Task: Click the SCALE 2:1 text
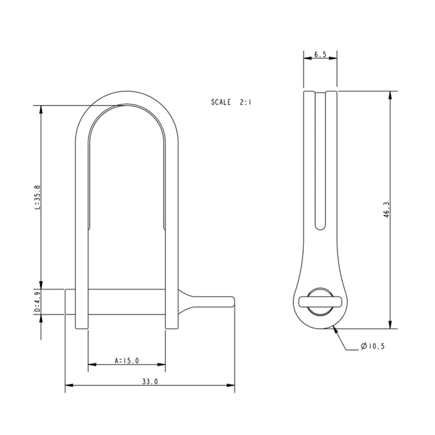pyautogui.click(x=231, y=102)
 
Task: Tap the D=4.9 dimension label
pyautogui.click(x=37, y=302)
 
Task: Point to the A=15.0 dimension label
pyautogui.click(x=126, y=361)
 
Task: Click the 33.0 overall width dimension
pyautogui.click(x=149, y=382)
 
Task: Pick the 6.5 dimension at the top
pyautogui.click(x=320, y=54)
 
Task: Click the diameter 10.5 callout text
pyautogui.click(x=373, y=346)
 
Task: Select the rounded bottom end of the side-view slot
pyautogui.click(x=320, y=226)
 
